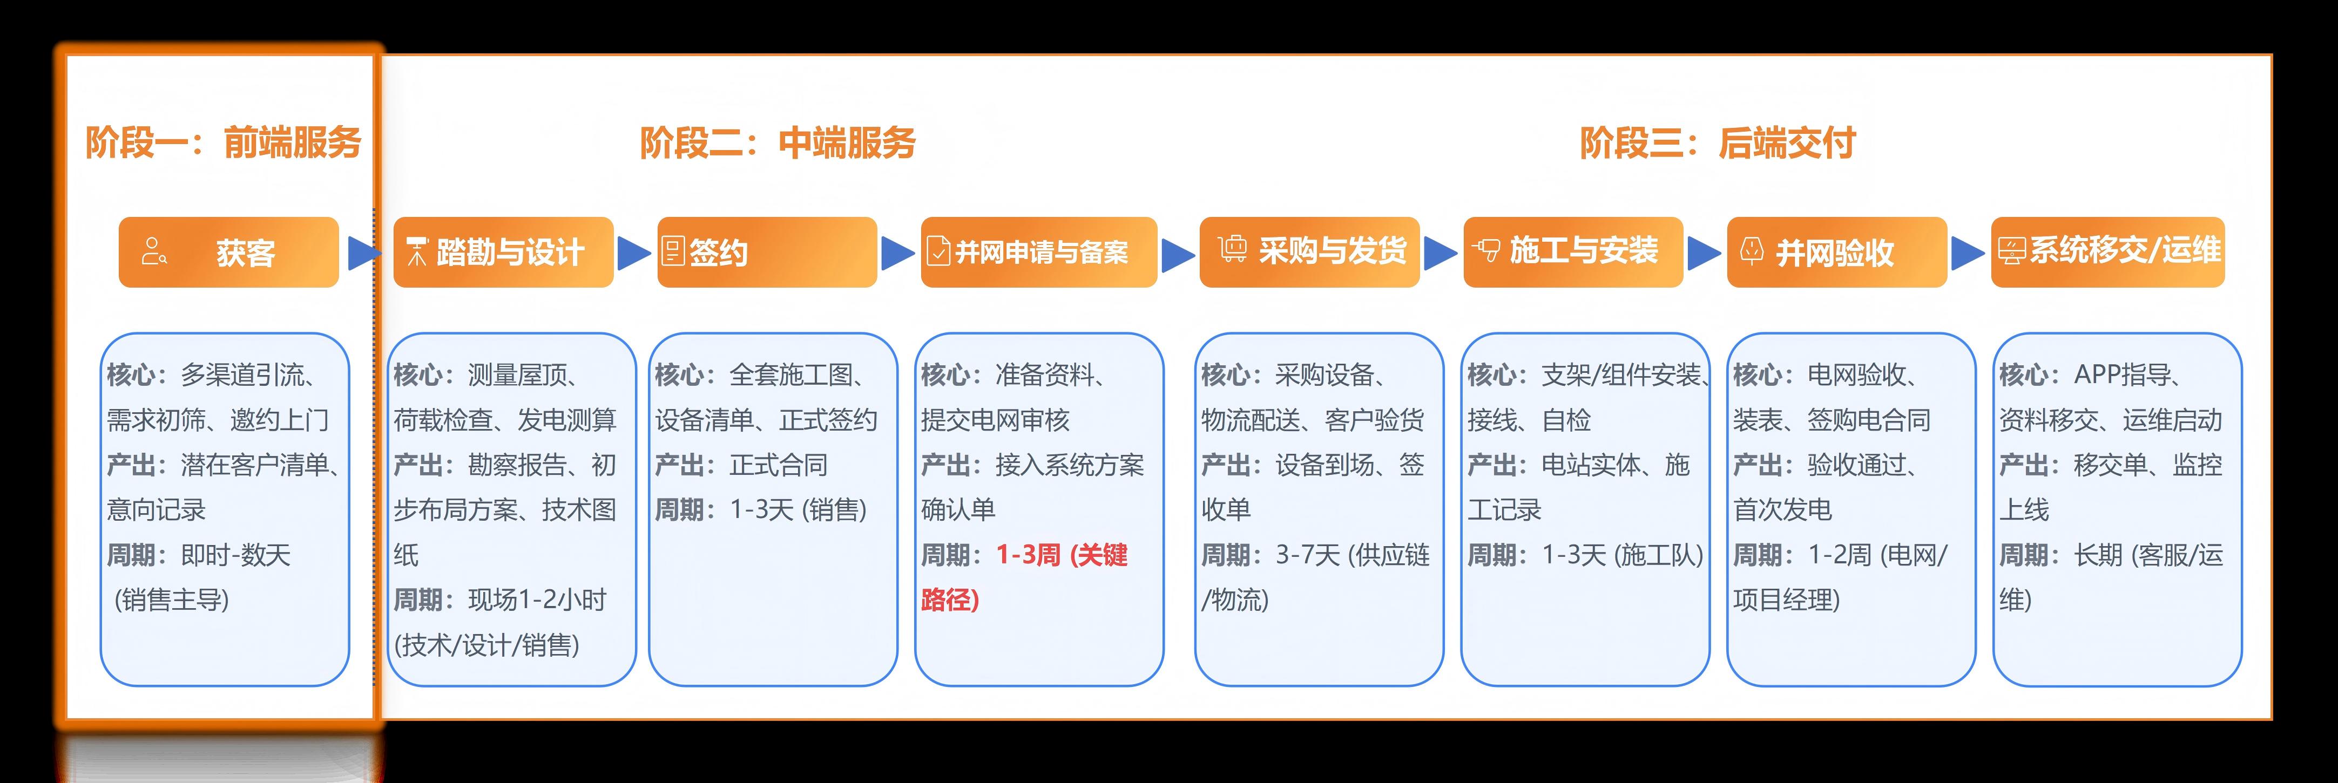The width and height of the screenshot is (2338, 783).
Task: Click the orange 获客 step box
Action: coord(229,252)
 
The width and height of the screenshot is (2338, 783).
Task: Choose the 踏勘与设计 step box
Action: coord(504,252)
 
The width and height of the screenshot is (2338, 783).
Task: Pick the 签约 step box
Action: coord(767,252)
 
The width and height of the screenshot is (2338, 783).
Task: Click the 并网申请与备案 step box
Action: coord(1039,252)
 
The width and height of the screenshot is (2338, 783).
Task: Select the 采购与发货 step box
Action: coord(1310,252)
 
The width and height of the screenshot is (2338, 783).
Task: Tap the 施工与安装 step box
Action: coord(1573,252)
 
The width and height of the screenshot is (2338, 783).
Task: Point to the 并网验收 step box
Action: coord(1837,252)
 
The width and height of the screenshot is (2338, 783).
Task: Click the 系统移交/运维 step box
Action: coord(2107,252)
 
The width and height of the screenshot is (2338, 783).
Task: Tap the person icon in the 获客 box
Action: coord(153,251)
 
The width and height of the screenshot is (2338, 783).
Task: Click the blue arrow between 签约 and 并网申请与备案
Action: coord(897,253)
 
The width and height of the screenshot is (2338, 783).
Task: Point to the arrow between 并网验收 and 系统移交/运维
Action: coord(1968,253)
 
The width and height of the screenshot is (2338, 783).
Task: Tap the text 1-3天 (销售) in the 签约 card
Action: coord(798,510)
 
